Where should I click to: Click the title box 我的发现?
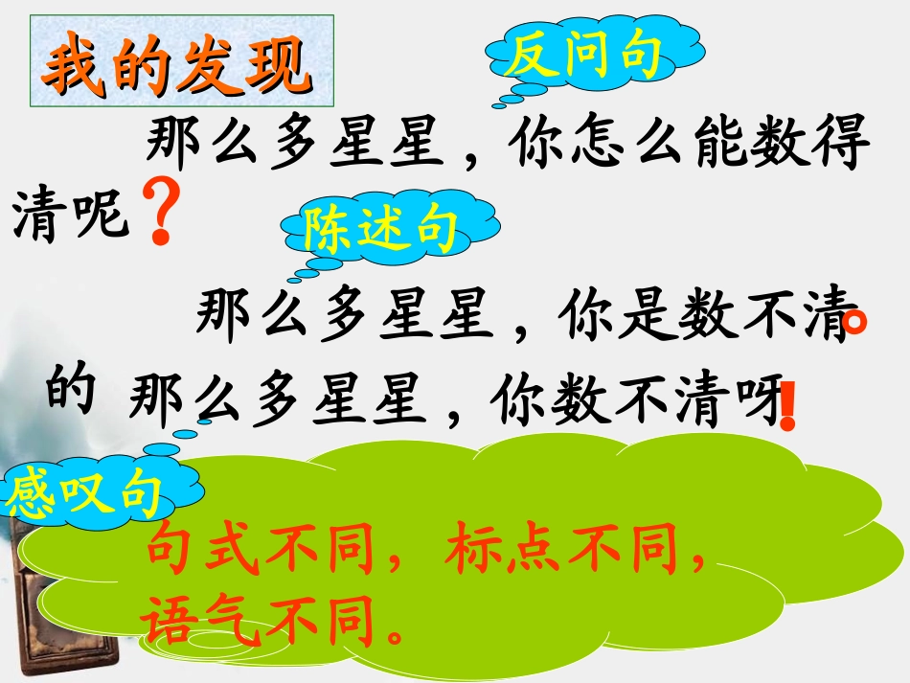pos(181,65)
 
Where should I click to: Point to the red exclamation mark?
pos(788,406)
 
